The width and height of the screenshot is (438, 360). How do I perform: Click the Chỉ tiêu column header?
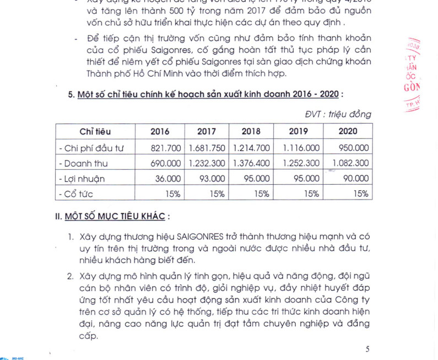[x=95, y=131]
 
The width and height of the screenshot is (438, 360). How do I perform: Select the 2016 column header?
[x=160, y=131]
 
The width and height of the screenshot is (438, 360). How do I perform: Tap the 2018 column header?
[x=251, y=131]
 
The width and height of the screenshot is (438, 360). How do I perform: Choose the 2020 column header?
[x=348, y=131]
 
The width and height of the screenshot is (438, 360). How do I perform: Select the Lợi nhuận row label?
[x=81, y=179]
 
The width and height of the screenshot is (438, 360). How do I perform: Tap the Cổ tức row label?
[x=77, y=194]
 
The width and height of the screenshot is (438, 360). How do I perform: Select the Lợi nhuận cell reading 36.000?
[x=168, y=179]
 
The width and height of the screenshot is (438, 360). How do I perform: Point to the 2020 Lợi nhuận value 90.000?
[x=355, y=179]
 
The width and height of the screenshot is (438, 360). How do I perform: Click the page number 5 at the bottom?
[x=367, y=348]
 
